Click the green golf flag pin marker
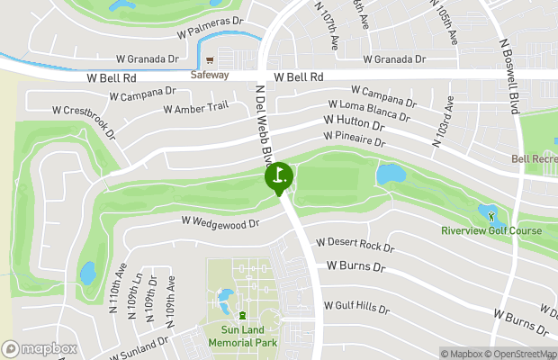tap(278, 175)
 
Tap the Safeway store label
tap(210, 76)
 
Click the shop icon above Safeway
tap(210, 61)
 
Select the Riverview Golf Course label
tap(491, 231)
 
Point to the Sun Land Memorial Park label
tap(243, 337)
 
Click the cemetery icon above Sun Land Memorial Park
tap(242, 314)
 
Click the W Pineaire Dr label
tap(354, 140)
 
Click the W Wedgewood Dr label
tap(220, 221)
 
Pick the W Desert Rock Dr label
tap(355, 245)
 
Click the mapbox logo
tap(40, 348)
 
